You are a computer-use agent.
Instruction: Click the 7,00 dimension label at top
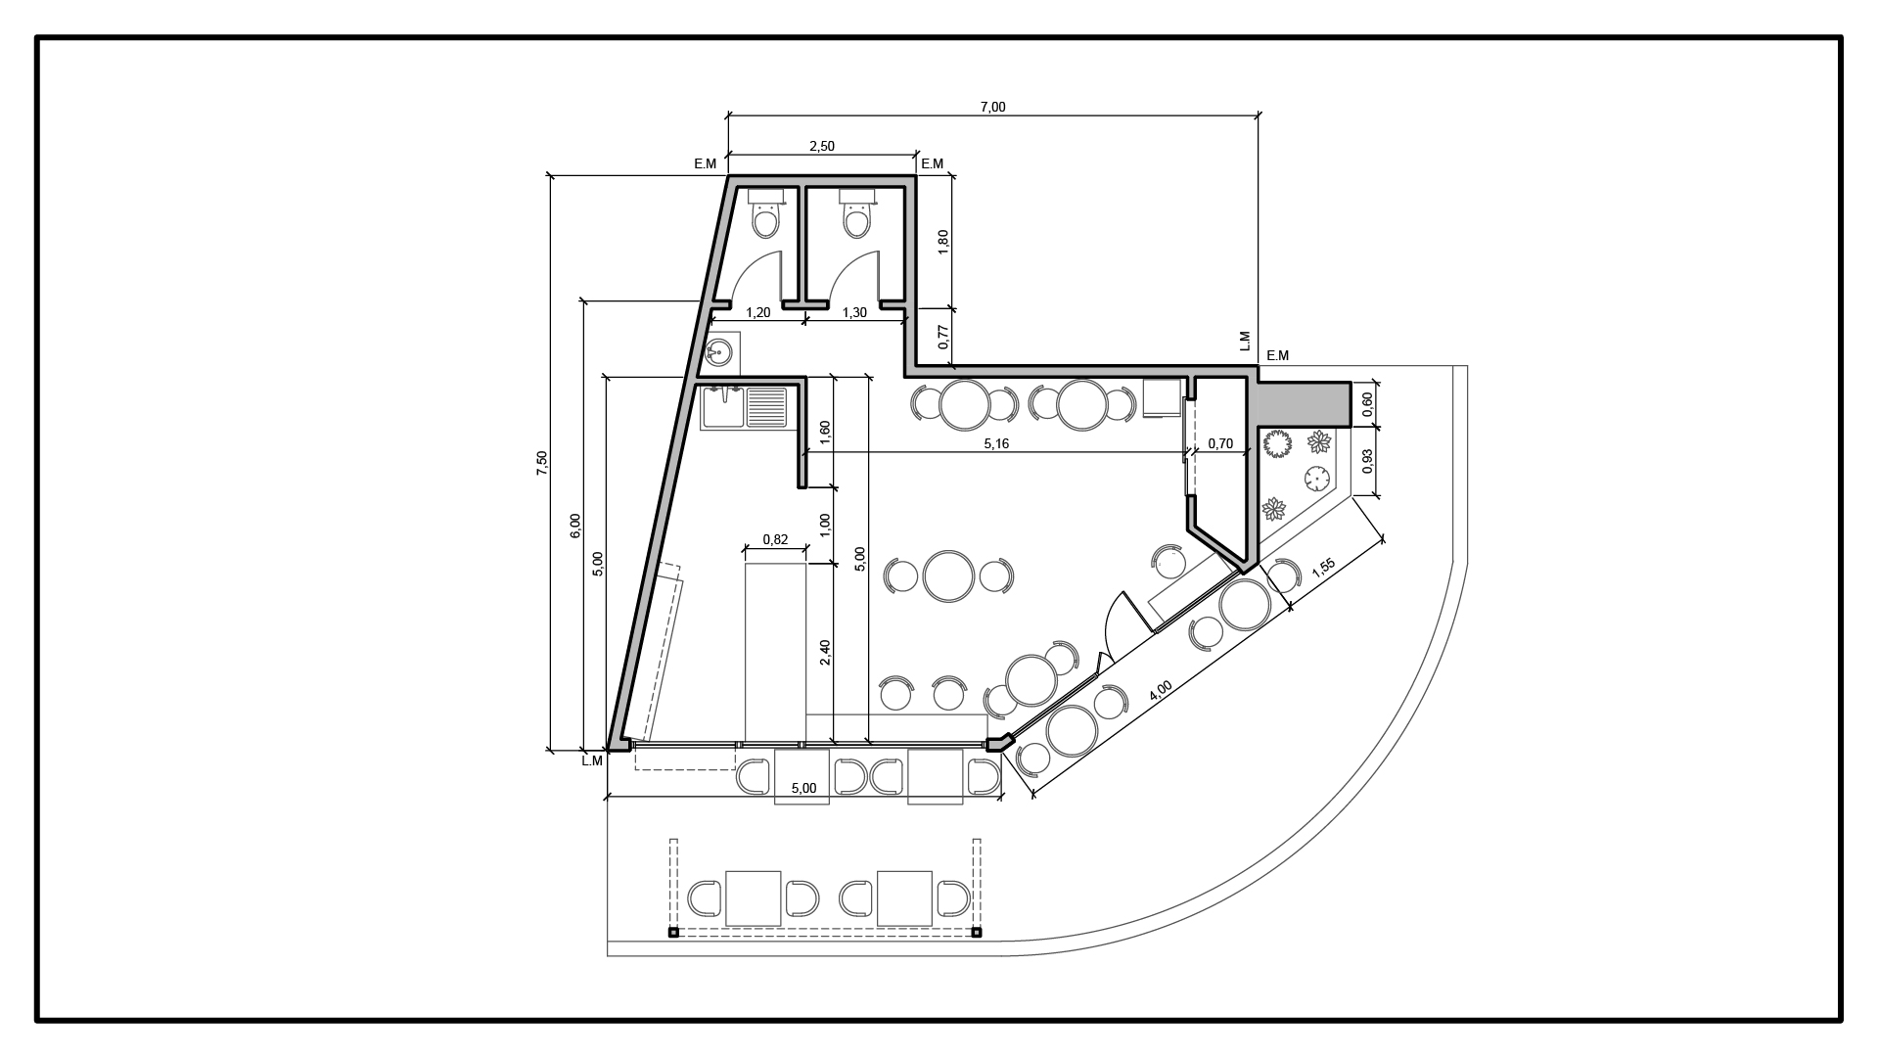[x=992, y=107]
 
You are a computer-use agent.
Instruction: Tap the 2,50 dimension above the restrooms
[x=821, y=146]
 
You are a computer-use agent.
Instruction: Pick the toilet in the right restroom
[x=856, y=214]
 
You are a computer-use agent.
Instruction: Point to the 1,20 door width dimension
[x=758, y=313]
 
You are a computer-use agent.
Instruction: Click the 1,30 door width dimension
[x=853, y=313]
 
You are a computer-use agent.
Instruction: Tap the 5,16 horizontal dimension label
[x=995, y=443]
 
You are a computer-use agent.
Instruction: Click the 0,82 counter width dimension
[x=775, y=539]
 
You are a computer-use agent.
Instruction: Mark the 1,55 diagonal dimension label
[x=1323, y=572]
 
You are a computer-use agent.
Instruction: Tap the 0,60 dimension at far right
[x=1367, y=401]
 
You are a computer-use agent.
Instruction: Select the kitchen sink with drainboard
[x=744, y=408]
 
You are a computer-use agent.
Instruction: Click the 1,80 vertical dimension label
[x=943, y=242]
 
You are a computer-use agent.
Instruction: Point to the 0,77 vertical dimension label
[x=943, y=338]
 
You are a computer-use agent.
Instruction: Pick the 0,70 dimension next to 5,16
[x=1220, y=443]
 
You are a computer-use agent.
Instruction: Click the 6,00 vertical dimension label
[x=575, y=526]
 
